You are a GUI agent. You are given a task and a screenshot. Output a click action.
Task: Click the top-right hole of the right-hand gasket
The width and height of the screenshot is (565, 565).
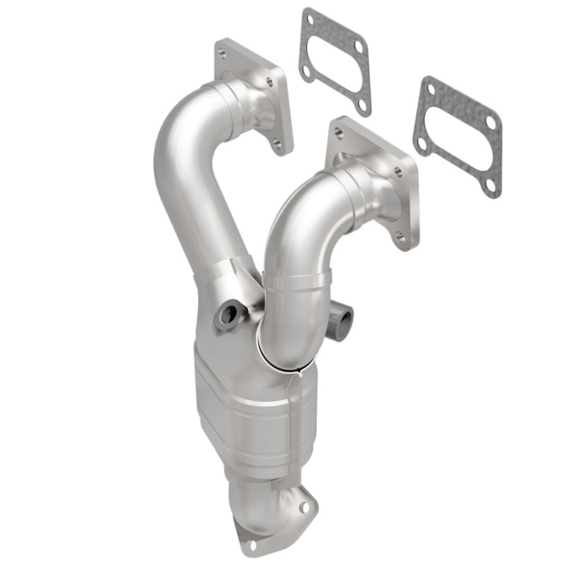[490, 122]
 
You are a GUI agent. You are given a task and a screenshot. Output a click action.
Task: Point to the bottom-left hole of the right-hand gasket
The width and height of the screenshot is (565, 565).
[422, 143]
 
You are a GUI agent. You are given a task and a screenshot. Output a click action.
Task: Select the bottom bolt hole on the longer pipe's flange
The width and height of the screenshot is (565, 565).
[278, 144]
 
